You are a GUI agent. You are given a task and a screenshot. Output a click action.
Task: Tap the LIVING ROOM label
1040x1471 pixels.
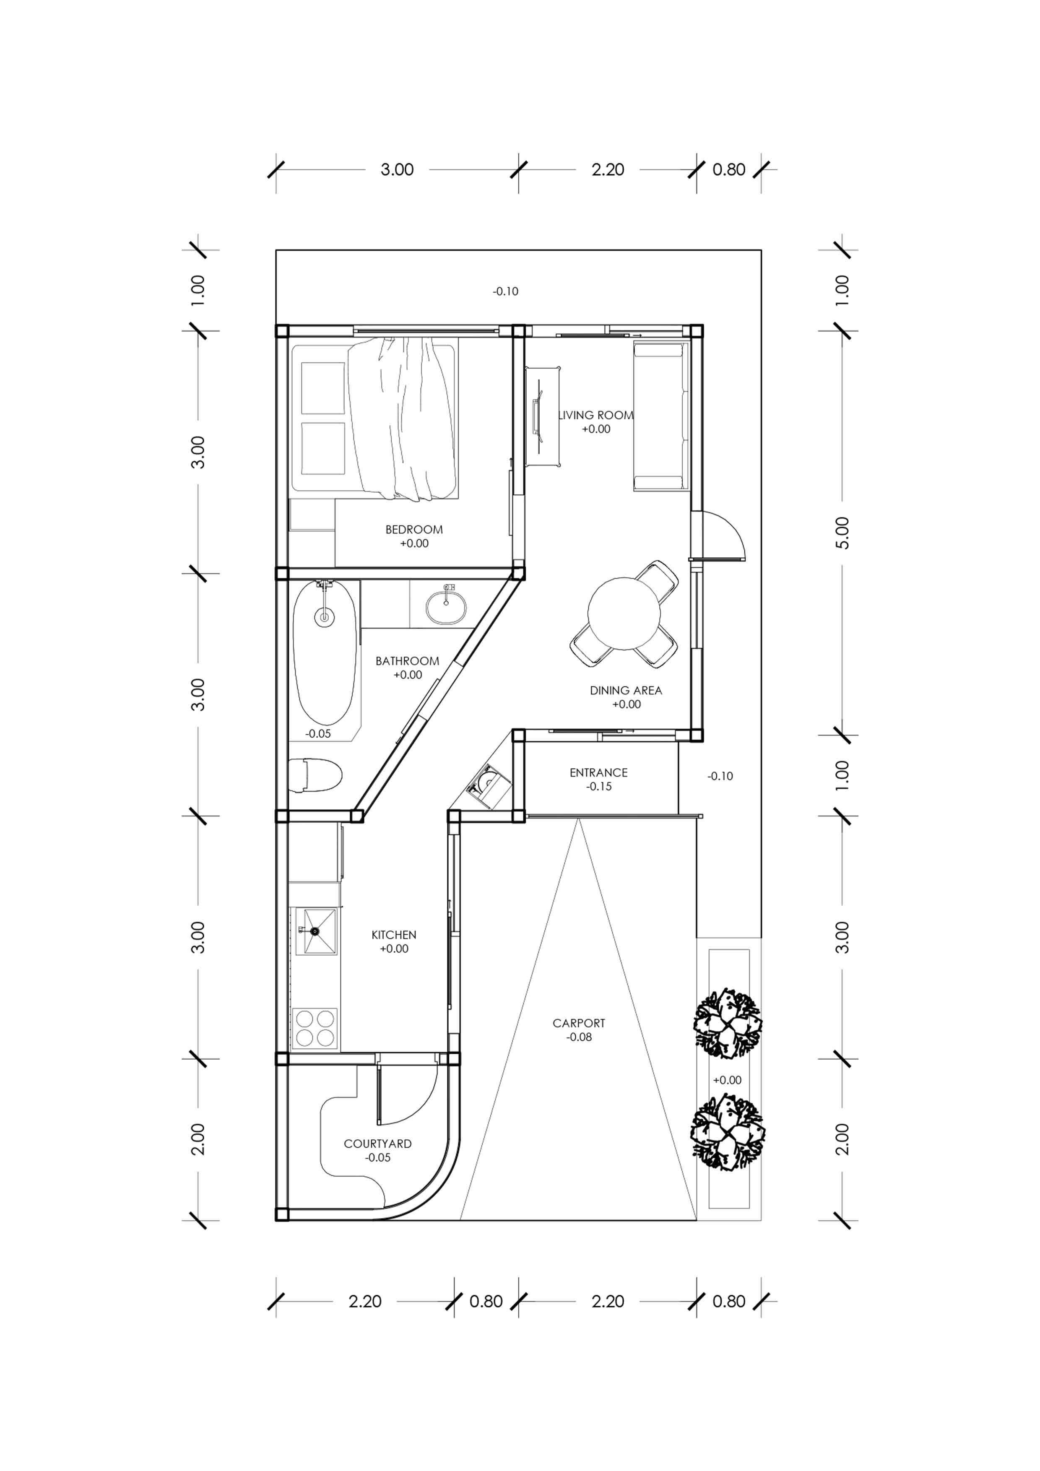[x=596, y=415]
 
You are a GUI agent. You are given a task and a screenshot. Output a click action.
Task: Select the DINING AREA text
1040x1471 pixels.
[x=625, y=690]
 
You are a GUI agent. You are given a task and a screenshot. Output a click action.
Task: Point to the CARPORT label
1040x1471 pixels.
[x=579, y=1023]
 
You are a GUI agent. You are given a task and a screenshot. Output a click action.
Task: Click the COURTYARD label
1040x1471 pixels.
[x=377, y=1144]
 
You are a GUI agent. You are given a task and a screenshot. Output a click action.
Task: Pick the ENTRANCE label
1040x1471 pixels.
[x=598, y=773]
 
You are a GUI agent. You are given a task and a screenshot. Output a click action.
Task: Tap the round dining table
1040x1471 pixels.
[x=624, y=613]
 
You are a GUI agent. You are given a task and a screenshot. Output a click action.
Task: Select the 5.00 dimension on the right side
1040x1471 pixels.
[x=842, y=533]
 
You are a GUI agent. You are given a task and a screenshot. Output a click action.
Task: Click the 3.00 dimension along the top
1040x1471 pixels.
[x=397, y=170]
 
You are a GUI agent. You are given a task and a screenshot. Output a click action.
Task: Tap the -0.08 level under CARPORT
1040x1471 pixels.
[x=579, y=1037]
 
